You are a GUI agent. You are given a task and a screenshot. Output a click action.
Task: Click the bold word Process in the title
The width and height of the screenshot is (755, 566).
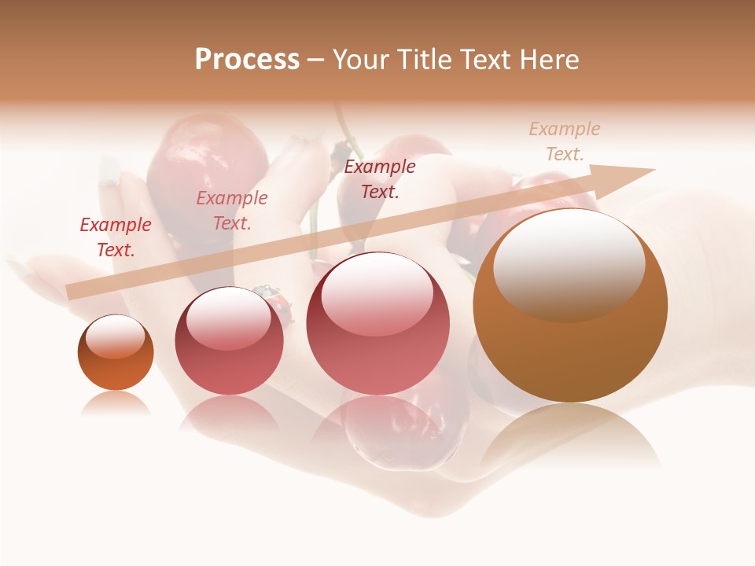(247, 60)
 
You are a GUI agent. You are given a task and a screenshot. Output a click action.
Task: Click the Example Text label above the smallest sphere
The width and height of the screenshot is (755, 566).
(116, 237)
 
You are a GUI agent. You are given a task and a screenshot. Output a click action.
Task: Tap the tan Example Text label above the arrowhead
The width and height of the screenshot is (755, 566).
(565, 141)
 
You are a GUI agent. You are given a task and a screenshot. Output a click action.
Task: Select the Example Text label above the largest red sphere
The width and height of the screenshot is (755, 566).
(380, 178)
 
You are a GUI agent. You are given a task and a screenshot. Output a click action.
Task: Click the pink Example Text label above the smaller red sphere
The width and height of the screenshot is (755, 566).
(232, 211)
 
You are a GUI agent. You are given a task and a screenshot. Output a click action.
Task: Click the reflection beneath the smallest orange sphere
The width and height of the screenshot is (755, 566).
(116, 402)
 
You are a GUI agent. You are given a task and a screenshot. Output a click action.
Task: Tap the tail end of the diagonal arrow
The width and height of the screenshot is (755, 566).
(69, 292)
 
